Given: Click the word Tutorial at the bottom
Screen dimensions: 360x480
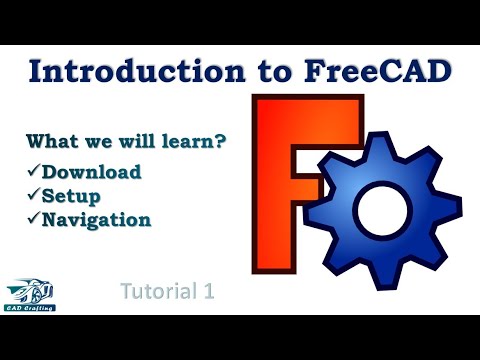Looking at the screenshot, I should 159,291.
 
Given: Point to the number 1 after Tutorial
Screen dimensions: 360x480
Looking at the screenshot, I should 210,291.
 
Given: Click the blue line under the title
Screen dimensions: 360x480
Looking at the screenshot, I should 240,95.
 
